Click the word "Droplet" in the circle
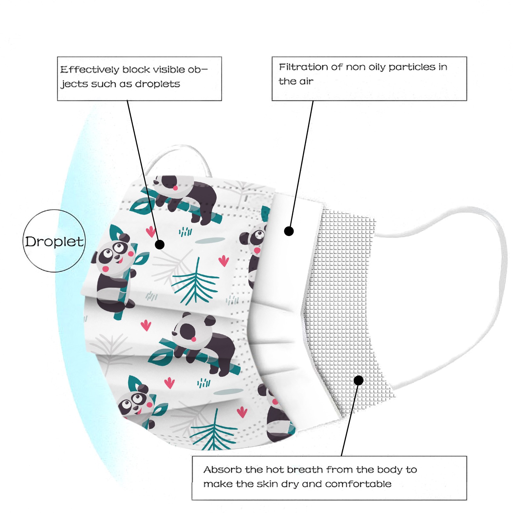click(x=54, y=242)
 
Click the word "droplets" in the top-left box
click(x=157, y=84)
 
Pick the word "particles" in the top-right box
click(x=412, y=67)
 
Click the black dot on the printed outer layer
click(x=160, y=245)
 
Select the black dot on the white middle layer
click(x=289, y=231)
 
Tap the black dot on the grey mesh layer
click(x=358, y=380)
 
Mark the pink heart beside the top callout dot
click(x=150, y=231)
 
